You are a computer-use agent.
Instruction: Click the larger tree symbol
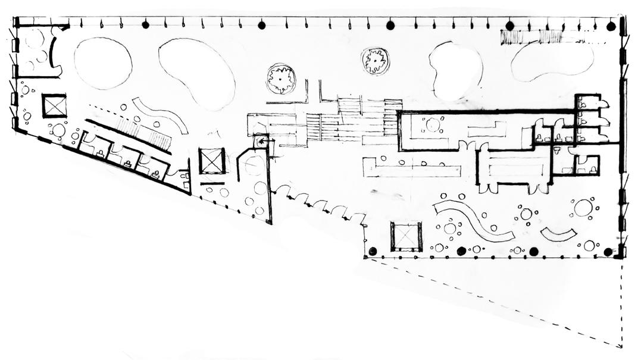(x=281, y=78)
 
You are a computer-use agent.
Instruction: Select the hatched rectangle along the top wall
(x=531, y=37)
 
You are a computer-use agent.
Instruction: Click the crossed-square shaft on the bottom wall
(x=406, y=236)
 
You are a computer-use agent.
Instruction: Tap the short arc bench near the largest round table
(x=558, y=234)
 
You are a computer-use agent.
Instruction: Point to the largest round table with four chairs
(x=583, y=208)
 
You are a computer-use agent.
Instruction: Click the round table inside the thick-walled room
(x=433, y=125)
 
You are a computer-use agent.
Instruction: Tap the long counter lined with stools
(x=411, y=167)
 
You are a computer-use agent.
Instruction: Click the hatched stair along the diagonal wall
(x=143, y=132)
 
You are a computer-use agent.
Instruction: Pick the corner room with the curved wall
(x=37, y=51)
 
